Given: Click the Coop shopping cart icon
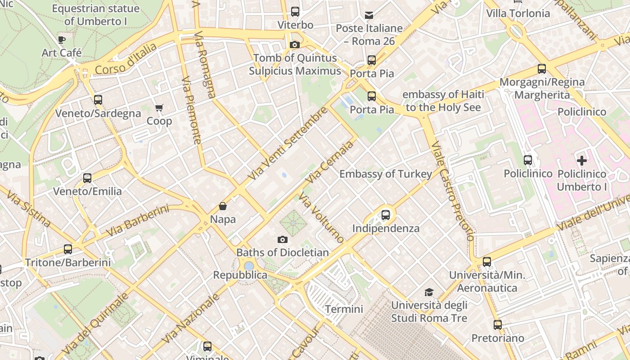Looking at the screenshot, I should (x=159, y=108).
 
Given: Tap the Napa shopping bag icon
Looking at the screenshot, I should (x=223, y=207).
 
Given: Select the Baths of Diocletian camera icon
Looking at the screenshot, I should (x=283, y=240).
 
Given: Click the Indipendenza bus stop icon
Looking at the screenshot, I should (x=386, y=215).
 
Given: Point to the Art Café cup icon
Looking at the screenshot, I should (x=62, y=40).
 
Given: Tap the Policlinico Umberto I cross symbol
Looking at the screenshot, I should (x=582, y=160).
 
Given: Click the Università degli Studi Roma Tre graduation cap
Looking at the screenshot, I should (x=429, y=292).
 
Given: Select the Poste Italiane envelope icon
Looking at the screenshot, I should (x=369, y=15).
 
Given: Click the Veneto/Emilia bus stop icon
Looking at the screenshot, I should (x=87, y=178).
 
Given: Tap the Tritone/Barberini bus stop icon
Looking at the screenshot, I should (x=68, y=249).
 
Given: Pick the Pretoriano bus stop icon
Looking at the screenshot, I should (x=498, y=325).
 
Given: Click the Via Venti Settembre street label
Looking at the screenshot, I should (x=288, y=143).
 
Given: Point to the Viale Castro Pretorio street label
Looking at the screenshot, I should (x=452, y=191).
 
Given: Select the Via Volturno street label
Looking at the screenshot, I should (x=321, y=218).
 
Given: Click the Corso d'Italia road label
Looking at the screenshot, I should (x=126, y=59).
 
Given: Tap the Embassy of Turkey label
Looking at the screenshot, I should (x=386, y=174).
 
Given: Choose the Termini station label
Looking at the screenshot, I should (x=344, y=309).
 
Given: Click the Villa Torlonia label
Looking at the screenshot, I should (x=518, y=13).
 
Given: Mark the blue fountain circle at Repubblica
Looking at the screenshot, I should (x=249, y=266).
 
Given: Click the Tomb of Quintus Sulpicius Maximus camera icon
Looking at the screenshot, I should (x=295, y=45).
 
